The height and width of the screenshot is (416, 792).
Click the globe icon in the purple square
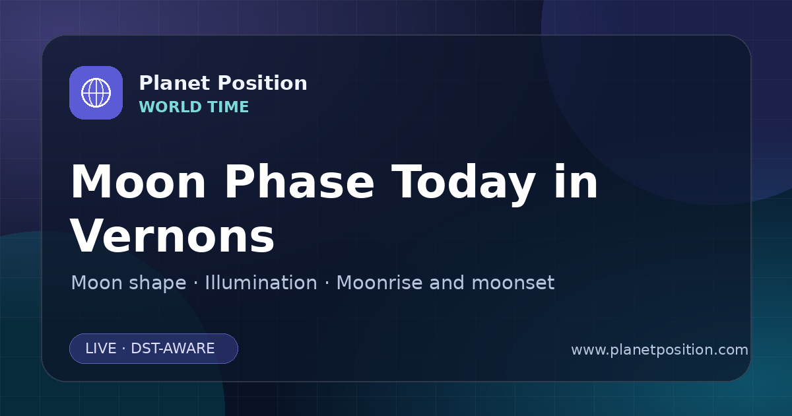(96, 92)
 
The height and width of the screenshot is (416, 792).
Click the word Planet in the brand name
(175, 83)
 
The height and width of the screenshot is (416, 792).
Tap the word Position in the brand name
(263, 83)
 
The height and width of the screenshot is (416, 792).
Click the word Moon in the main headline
(138, 182)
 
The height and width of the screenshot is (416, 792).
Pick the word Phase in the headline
(299, 182)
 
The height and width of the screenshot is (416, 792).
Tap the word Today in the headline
(463, 185)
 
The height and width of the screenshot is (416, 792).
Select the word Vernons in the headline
(172, 236)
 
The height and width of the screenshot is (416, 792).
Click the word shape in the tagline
(157, 284)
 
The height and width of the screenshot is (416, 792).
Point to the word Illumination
(261, 283)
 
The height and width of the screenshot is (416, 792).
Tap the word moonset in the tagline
(513, 283)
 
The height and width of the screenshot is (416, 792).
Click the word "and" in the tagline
(447, 283)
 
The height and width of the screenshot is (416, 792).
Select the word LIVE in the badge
(101, 349)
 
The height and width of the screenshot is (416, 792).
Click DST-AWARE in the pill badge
(172, 349)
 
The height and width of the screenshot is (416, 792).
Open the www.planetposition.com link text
(660, 349)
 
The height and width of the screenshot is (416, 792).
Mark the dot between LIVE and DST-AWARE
(124, 349)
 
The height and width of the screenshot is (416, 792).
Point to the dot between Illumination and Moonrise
(327, 283)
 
